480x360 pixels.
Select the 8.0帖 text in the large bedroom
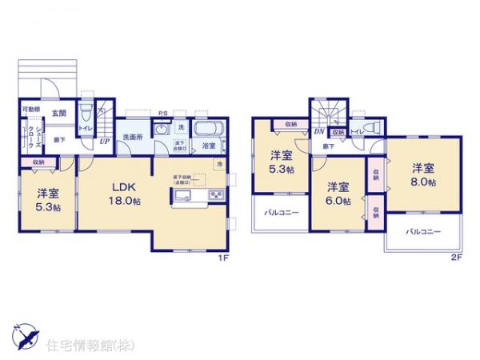point(423,183)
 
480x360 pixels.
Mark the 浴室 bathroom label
point(207,146)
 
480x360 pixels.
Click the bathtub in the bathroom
point(207,128)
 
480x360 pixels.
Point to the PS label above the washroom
point(162,114)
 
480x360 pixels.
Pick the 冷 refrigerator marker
point(221,164)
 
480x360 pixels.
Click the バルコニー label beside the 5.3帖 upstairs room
point(280,212)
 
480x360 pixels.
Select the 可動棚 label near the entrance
point(30,110)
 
